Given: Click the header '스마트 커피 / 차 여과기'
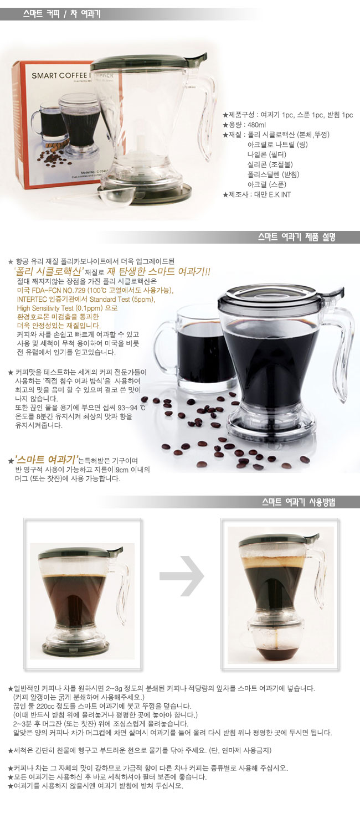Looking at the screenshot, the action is click(62, 14).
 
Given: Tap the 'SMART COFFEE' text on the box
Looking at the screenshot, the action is click(59, 75).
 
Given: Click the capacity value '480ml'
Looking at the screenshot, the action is click(257, 125).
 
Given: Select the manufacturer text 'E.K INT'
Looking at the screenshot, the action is click(280, 194).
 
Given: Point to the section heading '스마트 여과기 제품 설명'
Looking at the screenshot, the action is click(297, 238).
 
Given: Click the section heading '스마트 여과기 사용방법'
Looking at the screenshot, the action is click(299, 502).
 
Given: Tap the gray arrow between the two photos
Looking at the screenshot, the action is click(182, 576).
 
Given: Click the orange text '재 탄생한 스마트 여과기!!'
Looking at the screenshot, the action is click(158, 271).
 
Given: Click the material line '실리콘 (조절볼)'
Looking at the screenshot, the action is click(270, 164).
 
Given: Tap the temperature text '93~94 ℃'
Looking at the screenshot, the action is click(132, 408).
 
